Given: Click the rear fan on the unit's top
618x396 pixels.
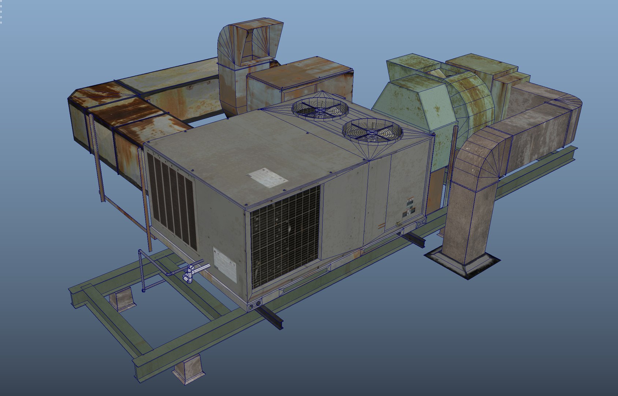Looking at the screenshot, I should pyautogui.click(x=320, y=109).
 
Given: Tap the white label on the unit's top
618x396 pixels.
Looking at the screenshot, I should pyautogui.click(x=268, y=177).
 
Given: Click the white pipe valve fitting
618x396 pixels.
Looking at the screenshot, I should pyautogui.click(x=190, y=273).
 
